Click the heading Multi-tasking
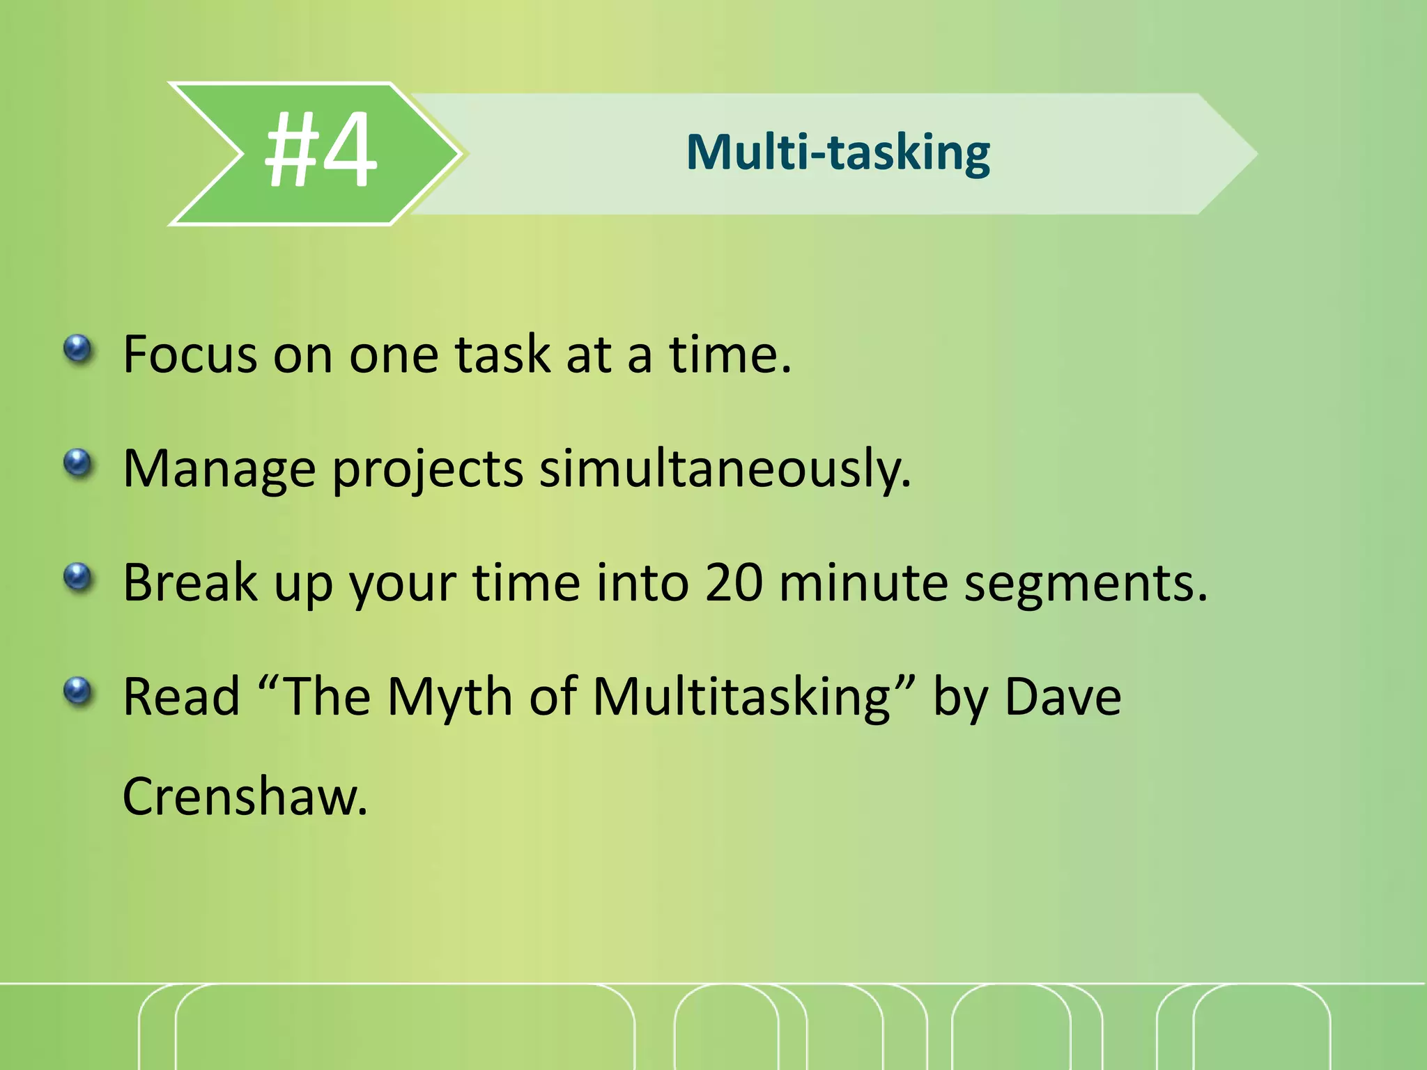click(838, 153)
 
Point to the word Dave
click(1063, 697)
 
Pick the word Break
click(190, 582)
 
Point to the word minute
click(863, 582)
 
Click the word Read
click(181, 697)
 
